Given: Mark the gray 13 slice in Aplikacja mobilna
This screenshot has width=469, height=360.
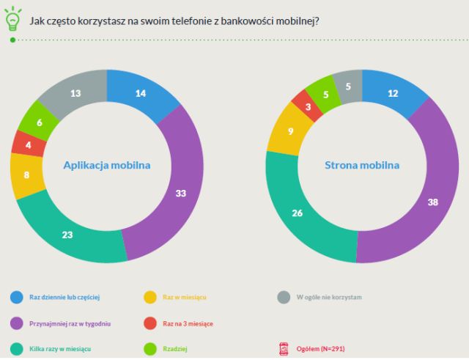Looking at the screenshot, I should pos(75,93).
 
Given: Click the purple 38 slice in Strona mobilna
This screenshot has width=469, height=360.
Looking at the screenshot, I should pos(432,202).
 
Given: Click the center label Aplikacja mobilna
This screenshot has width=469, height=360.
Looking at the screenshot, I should pos(107,165).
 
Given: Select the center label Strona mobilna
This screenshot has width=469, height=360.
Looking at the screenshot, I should pos(362,165).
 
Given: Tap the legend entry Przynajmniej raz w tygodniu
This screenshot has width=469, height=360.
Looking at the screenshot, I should pos(70,323).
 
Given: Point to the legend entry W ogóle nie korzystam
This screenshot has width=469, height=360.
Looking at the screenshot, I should pos(328,297).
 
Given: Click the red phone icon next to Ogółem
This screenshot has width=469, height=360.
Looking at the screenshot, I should pos(284,350).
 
